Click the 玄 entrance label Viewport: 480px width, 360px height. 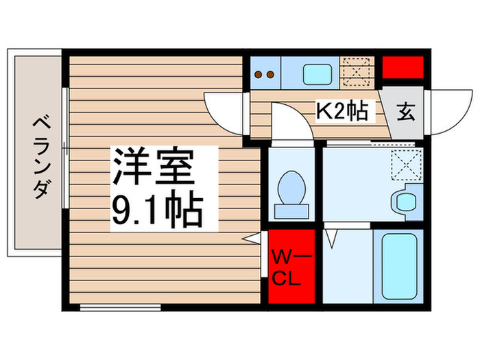[406, 112]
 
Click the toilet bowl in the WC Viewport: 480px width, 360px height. [290, 189]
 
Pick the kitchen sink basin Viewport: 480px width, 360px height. [317, 72]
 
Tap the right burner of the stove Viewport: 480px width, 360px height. [272, 74]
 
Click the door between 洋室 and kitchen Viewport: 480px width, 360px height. [226, 113]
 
